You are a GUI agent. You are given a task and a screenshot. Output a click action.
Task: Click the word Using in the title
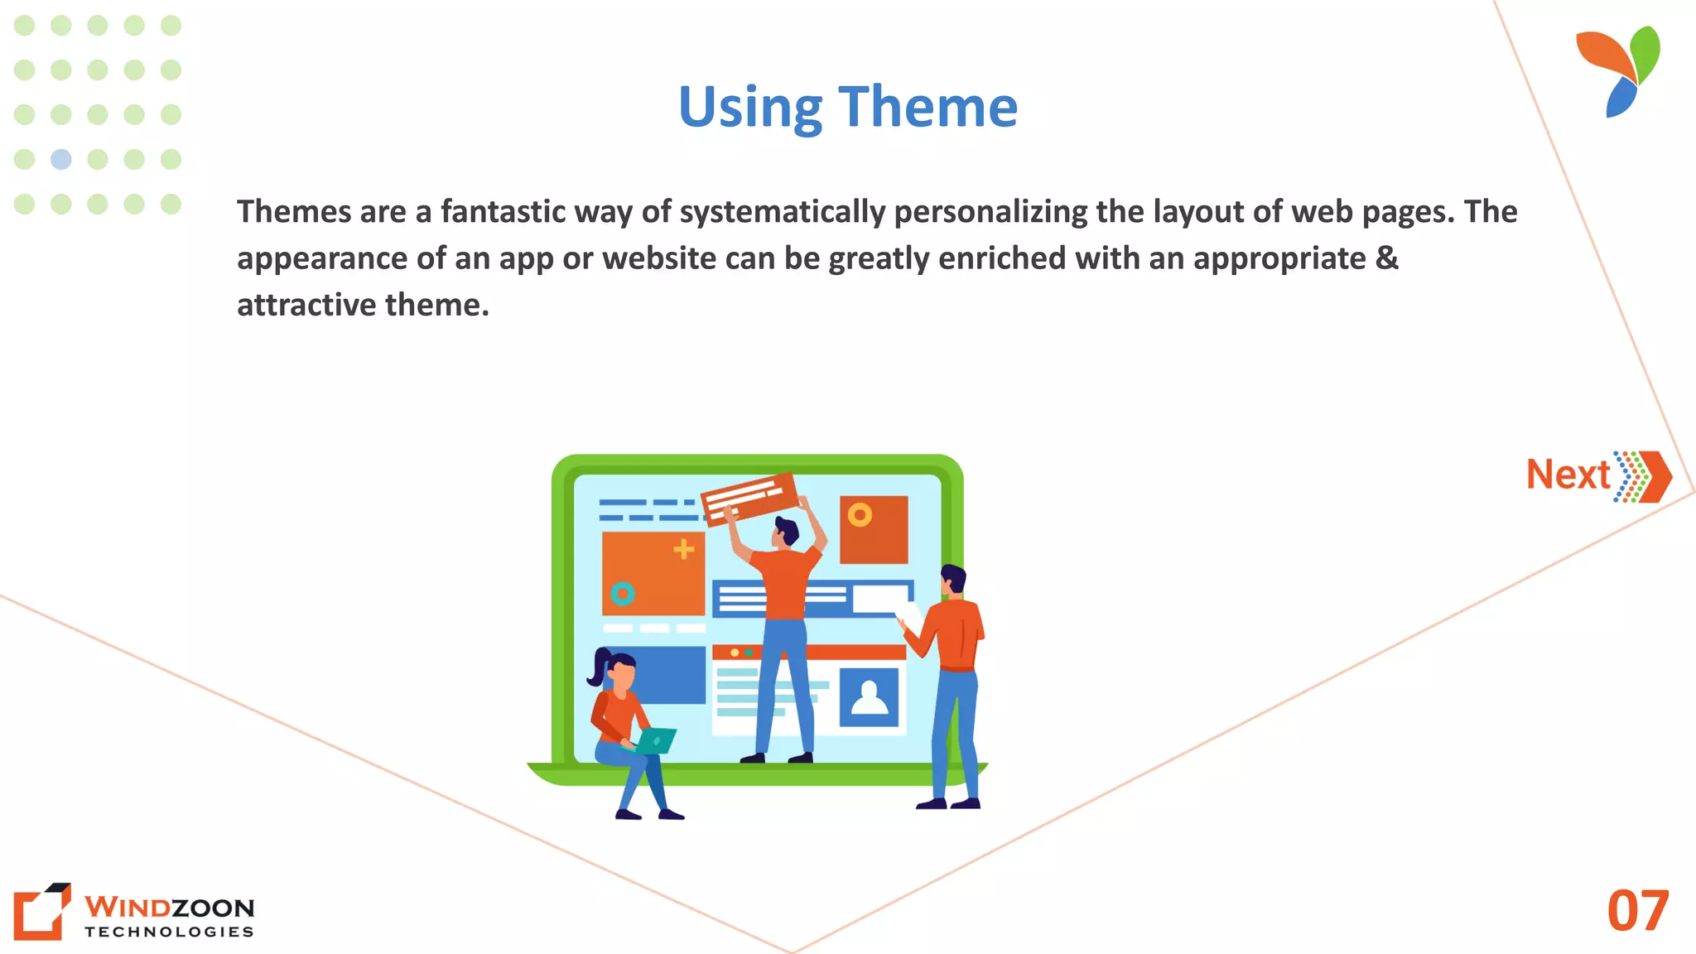pos(750,108)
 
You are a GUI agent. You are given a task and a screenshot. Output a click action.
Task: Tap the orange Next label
pos(1568,475)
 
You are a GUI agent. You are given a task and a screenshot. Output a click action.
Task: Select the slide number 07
pos(1637,911)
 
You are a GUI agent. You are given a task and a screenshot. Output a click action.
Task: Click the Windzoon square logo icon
pos(41,911)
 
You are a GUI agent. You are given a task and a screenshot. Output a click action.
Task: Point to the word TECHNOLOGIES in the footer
pos(169,932)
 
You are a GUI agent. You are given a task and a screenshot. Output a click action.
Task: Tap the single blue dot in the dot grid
pos(61,159)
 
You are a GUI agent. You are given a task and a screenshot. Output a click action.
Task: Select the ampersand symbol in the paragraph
pos(1386,258)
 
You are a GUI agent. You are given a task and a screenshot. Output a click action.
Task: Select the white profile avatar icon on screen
pos(869,697)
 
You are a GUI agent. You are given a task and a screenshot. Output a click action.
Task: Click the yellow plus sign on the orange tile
pos(683,548)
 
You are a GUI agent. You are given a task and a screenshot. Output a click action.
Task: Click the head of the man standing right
pos(954,580)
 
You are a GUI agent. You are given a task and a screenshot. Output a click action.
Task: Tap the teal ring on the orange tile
pos(623,593)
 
